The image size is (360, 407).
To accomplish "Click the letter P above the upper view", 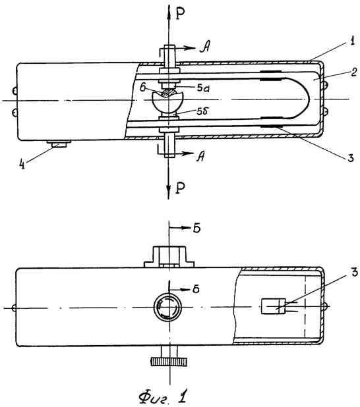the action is (x=180, y=14).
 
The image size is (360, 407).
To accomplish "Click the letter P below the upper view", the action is (x=180, y=188).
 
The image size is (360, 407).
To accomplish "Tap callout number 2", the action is (x=353, y=72).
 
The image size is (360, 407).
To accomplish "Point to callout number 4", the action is (x=23, y=164).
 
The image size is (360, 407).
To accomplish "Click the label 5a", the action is (x=203, y=88).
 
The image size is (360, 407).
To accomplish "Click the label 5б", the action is (x=202, y=111).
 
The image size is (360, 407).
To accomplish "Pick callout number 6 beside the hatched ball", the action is (x=143, y=88).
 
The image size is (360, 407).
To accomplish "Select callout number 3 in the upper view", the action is (x=351, y=157).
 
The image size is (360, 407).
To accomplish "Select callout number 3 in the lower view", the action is (x=354, y=272).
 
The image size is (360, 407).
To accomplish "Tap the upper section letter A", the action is (x=205, y=47).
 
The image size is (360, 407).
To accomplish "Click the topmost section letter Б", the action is (x=196, y=228).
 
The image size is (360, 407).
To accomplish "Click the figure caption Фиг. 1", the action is (x=163, y=397).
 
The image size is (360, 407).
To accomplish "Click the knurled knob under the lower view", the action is (x=169, y=362).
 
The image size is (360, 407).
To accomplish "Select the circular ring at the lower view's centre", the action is (x=167, y=308).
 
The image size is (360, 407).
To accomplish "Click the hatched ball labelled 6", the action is (x=168, y=93).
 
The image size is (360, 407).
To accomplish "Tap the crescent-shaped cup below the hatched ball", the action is (x=167, y=103).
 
